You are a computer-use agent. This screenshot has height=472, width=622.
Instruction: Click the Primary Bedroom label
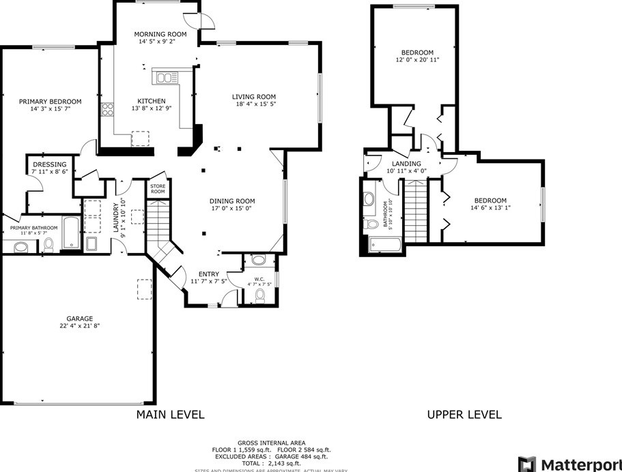pos(50,101)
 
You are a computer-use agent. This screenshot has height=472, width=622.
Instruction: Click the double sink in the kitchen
pos(165,78)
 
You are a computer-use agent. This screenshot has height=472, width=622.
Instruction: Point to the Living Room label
pos(254,96)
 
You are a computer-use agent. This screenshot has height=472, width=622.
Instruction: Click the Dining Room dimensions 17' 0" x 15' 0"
pos(232,209)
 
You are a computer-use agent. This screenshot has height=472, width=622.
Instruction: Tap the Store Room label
pos(158,190)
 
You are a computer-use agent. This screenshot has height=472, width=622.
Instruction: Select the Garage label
pos(79,318)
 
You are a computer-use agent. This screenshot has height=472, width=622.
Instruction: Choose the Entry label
pos(209,274)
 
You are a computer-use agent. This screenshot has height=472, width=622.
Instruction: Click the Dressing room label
pos(49,164)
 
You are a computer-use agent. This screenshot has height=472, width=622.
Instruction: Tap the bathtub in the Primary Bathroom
pos(70,232)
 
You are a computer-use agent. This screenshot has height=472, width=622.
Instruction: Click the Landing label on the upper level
pos(406,164)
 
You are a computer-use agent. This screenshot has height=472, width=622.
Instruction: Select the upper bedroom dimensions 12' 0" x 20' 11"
pos(416,60)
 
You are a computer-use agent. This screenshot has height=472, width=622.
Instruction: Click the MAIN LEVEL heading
pos(170,414)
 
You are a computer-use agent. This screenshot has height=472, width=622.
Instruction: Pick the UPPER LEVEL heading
pos(464,414)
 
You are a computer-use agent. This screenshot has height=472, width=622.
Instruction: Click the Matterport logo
pos(569,463)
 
